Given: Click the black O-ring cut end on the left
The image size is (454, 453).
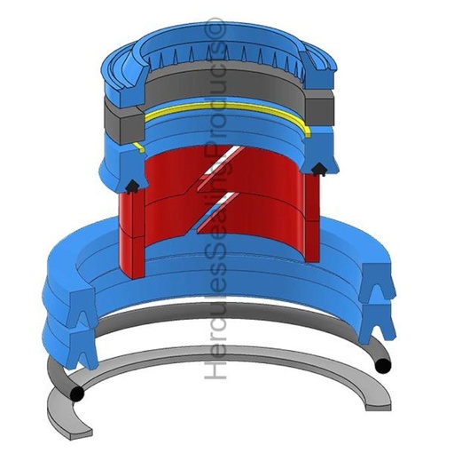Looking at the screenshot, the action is coord(77,394).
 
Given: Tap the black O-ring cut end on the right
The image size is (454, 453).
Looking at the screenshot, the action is coord(383,365).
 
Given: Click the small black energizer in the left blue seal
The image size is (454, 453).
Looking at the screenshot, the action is coord(131,187).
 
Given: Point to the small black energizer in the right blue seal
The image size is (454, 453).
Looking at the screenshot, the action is coord(318,170).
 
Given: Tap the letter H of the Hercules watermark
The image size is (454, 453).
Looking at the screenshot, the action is coord(215,368).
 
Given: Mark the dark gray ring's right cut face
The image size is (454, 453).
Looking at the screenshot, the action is coord(319,110).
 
